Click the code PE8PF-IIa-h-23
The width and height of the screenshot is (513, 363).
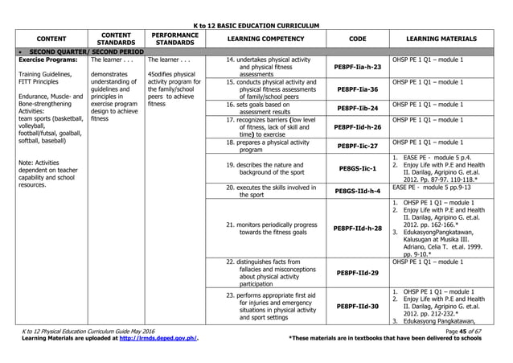coord(358,68)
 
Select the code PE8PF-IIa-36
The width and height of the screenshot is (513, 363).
coord(358,89)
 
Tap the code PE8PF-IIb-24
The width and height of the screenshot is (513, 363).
coord(358,108)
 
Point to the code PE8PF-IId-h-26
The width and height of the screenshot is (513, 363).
coord(358,126)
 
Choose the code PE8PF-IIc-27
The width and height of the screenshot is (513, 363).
coord(358,146)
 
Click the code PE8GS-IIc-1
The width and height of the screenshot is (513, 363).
coord(358,168)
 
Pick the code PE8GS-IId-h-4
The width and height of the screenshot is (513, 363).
coord(358,191)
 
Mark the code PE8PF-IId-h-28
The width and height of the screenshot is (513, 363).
coord(358,229)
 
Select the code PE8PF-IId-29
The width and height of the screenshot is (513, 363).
coord(358,273)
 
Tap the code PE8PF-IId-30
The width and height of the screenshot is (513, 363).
coord(358,306)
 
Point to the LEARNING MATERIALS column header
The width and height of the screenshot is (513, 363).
coord(442,39)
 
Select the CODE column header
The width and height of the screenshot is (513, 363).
coord(358,39)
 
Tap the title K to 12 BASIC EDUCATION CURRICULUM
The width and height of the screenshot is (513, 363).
coord(256,25)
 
